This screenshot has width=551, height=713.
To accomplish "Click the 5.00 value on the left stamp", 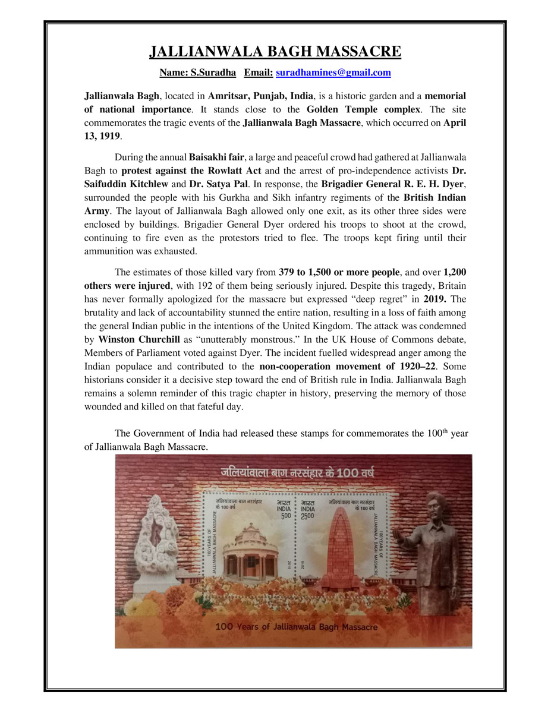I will point(286,515).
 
